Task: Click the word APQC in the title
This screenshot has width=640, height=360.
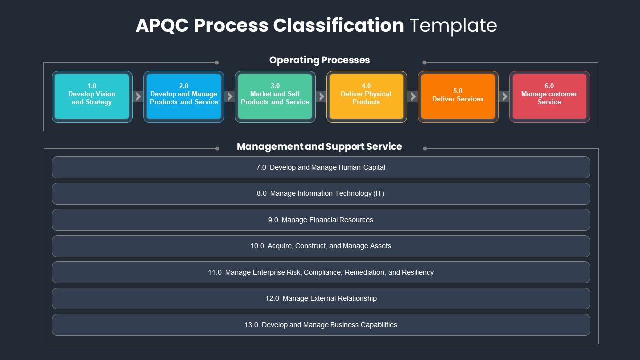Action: coord(162,25)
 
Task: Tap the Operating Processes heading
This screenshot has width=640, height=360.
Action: coord(319,60)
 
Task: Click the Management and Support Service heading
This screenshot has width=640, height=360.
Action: coord(319,147)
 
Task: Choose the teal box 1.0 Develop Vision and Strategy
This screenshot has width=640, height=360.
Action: coord(92,97)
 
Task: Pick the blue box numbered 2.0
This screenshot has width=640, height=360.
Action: coord(184,97)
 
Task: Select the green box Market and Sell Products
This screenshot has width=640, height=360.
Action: coord(275,97)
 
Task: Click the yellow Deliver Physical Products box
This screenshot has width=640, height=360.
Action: coord(367,97)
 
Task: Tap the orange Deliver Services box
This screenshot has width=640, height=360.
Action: coord(458,97)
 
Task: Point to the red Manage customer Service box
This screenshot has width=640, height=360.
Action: coord(549,97)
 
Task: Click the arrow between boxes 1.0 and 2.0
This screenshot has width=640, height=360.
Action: coord(138,97)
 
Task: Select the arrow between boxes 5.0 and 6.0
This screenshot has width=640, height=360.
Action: coord(504,97)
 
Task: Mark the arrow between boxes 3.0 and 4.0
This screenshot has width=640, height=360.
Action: coord(321,97)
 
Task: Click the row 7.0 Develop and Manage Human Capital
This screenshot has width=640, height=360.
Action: coord(321,167)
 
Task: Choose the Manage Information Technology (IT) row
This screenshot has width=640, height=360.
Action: coord(321,193)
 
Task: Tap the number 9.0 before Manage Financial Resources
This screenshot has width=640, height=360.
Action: coord(273,220)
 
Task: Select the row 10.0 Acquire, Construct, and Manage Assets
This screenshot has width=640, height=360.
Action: coord(321,246)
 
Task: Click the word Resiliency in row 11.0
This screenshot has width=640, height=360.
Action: coord(418,273)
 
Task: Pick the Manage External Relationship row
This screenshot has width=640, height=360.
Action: coord(321,299)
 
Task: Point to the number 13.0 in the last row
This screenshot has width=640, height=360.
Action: coord(251,325)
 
